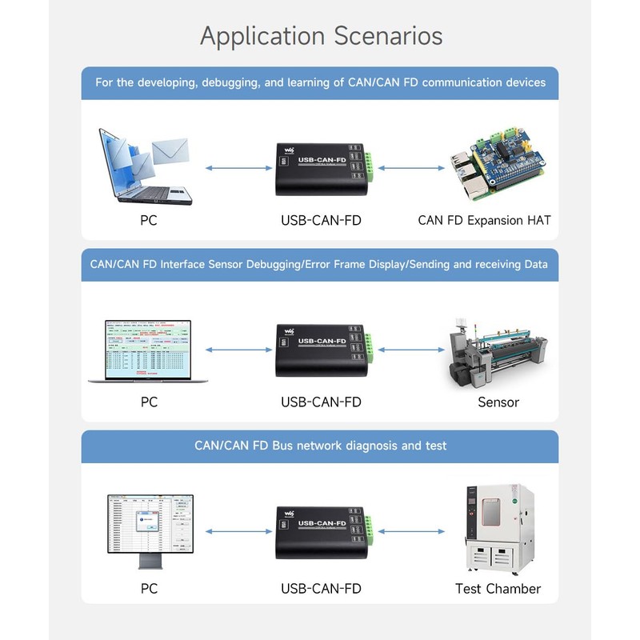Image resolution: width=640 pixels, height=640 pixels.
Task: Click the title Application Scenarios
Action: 320,36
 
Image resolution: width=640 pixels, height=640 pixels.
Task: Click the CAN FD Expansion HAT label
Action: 484,220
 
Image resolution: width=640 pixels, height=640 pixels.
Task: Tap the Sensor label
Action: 498,402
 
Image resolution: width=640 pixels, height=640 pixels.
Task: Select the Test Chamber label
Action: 498,589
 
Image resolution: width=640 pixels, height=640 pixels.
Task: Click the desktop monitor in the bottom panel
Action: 150,528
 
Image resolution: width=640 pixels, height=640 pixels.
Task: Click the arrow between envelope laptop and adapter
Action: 238,168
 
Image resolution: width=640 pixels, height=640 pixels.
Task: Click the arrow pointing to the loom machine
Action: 410,350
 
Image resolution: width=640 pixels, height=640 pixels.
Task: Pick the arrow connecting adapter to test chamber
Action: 410,530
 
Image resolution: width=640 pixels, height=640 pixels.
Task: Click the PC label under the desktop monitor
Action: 149,589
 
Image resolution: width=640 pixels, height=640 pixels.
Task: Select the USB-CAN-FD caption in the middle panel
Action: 320,402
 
